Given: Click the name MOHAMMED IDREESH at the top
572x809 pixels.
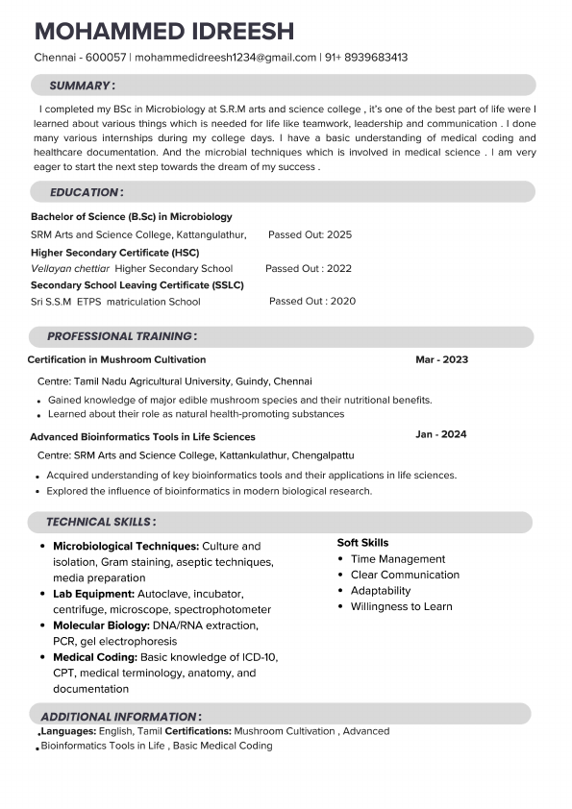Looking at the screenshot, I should point(163,31).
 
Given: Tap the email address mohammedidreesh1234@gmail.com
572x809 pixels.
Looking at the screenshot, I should point(226,58).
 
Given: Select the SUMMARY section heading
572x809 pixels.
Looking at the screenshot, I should point(82,86).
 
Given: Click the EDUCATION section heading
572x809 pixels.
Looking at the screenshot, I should point(86,192).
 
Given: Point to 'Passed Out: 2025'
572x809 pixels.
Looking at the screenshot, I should point(310,234).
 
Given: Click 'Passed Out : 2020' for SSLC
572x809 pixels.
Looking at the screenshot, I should point(311,301).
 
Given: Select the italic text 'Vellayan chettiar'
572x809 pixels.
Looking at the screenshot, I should point(70,269).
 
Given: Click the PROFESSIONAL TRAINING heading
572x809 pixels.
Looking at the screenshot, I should point(121,336).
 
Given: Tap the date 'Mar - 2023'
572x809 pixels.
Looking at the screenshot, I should point(441,359).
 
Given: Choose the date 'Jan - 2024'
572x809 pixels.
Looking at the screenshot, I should point(440,434).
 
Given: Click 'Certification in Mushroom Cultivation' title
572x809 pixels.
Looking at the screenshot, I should point(116,359).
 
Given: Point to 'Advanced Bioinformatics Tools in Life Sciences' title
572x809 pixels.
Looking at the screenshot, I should point(142,436).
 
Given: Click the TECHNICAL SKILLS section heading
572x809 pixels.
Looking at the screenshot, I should point(100,522).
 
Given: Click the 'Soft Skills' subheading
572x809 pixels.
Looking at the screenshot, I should point(362,543).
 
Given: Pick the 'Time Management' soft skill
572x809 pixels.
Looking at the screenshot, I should point(398,559).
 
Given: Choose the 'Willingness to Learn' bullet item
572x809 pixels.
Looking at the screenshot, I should point(401,606).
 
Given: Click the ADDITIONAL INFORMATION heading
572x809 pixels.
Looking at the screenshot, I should point(120,717).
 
